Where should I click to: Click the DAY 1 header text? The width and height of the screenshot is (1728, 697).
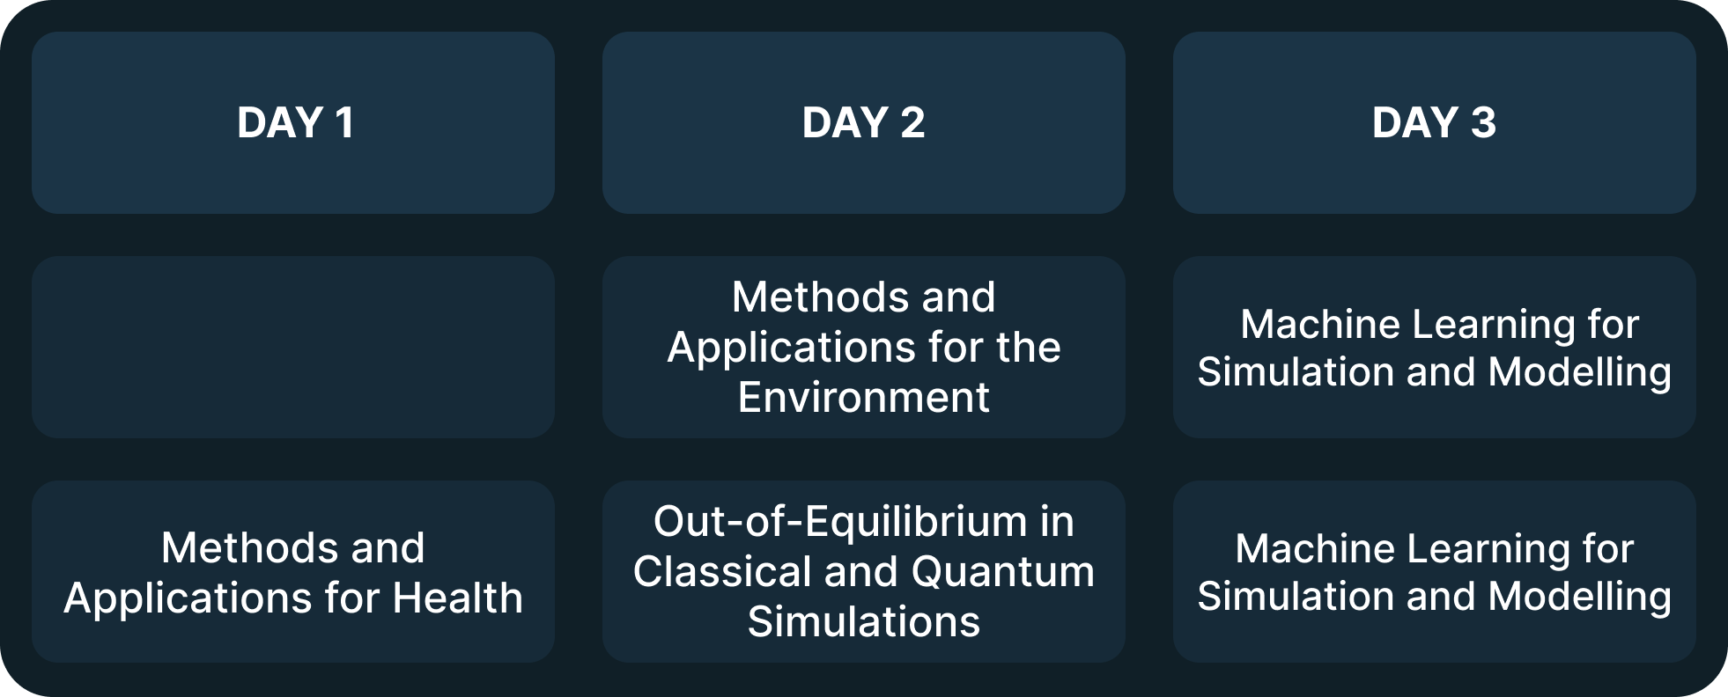click(x=295, y=122)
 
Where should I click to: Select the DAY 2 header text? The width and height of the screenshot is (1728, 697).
click(x=863, y=122)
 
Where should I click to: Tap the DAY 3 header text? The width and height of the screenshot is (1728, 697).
click(x=1434, y=122)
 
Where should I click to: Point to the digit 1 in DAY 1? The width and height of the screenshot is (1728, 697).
click(x=345, y=122)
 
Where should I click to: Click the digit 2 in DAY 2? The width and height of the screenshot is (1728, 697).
click(x=912, y=122)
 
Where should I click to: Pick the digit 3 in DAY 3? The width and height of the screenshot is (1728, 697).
click(x=1483, y=122)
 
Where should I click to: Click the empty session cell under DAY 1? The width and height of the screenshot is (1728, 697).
click(x=293, y=347)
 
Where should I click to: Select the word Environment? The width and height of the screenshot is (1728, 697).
click(x=863, y=398)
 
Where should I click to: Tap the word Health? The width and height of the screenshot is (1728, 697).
click(x=458, y=598)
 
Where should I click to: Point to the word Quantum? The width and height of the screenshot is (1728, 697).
click(x=1003, y=573)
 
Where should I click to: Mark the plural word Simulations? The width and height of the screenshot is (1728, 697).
click(x=863, y=622)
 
